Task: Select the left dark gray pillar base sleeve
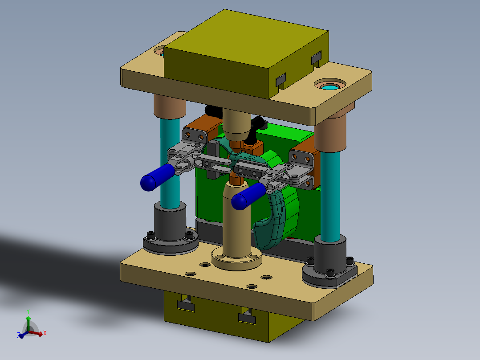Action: point(170,221)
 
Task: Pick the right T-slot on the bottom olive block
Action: point(247,317)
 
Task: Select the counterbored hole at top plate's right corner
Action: point(329,85)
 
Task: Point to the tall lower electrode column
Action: point(236,227)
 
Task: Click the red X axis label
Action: point(45,332)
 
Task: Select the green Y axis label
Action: point(28,311)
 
